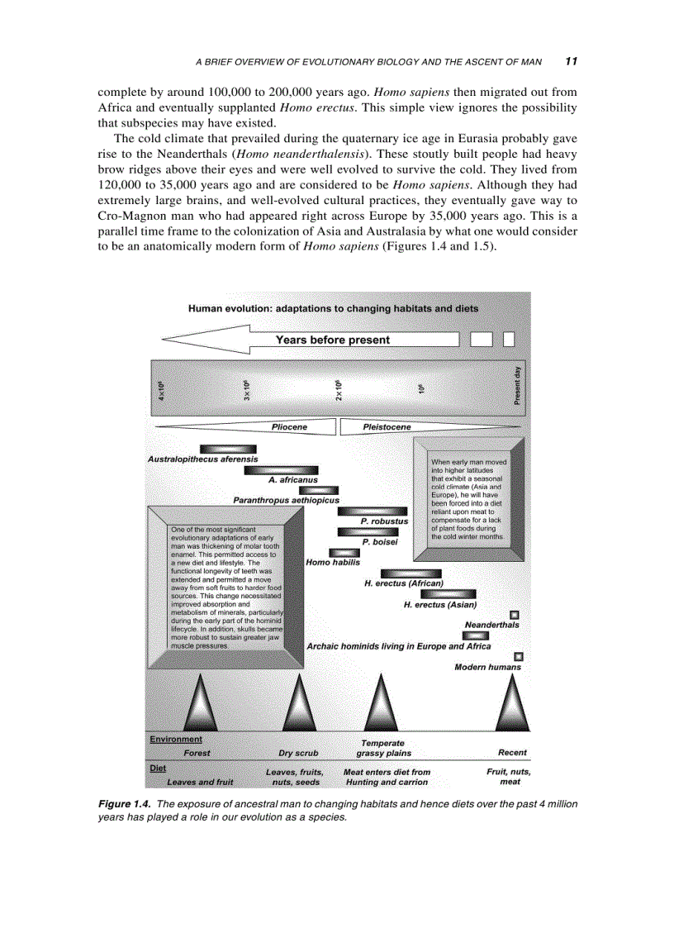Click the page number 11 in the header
(x=571, y=60)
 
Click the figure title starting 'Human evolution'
(x=333, y=308)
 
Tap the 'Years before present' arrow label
(x=332, y=340)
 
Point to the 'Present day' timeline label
(x=517, y=386)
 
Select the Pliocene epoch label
(x=289, y=427)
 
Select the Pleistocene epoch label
(x=387, y=427)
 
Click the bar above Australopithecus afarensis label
(x=223, y=450)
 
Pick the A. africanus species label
(x=292, y=480)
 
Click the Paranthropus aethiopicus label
(x=286, y=500)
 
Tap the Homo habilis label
(x=333, y=562)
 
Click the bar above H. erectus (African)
(x=411, y=573)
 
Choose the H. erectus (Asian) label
(x=439, y=605)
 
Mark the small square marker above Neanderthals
(x=514, y=614)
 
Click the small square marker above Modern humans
(x=519, y=656)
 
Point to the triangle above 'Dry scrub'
(x=298, y=705)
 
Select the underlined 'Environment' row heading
(x=175, y=739)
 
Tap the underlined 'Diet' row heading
(x=158, y=768)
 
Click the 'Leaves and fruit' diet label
(x=200, y=782)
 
